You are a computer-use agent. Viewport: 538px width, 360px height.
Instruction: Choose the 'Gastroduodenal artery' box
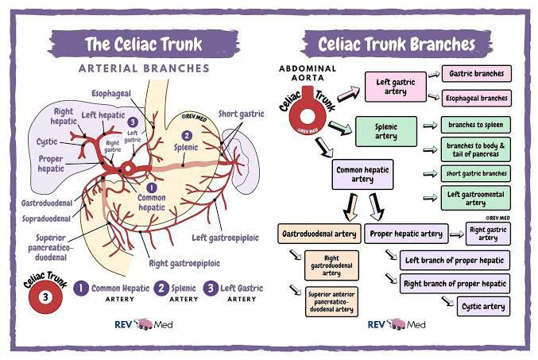[x=317, y=234]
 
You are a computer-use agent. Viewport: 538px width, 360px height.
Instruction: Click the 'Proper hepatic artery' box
[x=404, y=234]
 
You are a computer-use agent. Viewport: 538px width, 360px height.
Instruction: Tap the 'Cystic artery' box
[x=485, y=305]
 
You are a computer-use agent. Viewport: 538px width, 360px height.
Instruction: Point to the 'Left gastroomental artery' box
[x=476, y=196]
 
